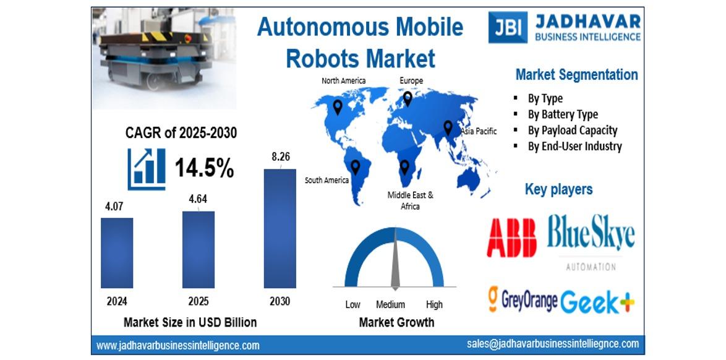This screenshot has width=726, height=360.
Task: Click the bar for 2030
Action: coord(280,228)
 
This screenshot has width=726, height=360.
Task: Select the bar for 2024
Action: coord(117,253)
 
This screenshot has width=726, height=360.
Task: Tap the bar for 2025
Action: coord(198,250)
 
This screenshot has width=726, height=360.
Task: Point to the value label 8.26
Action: coord(281,156)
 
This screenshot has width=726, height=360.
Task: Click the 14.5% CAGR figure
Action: coord(204,168)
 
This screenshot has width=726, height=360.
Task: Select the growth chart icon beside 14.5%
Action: coord(147,169)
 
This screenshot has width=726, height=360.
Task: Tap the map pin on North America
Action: coord(338,108)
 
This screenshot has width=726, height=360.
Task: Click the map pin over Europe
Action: coord(408,99)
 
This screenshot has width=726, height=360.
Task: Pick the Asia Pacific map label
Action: coord(479,131)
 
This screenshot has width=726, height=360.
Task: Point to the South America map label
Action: coord(327,180)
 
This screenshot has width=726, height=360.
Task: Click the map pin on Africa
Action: coord(404,167)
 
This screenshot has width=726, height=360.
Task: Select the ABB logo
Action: coord(511,238)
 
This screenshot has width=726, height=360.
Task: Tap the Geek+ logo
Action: coord(597,302)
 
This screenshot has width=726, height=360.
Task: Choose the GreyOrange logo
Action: coord(523,300)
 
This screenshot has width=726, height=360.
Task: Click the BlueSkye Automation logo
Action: coord(591,242)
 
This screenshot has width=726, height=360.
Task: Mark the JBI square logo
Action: coord(508,27)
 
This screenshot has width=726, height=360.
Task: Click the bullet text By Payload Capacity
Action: coord(572,130)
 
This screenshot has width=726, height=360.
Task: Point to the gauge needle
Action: coord(395,259)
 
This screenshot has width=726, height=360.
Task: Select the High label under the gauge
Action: coord(434,304)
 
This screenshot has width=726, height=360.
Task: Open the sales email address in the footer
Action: coord(553,344)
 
